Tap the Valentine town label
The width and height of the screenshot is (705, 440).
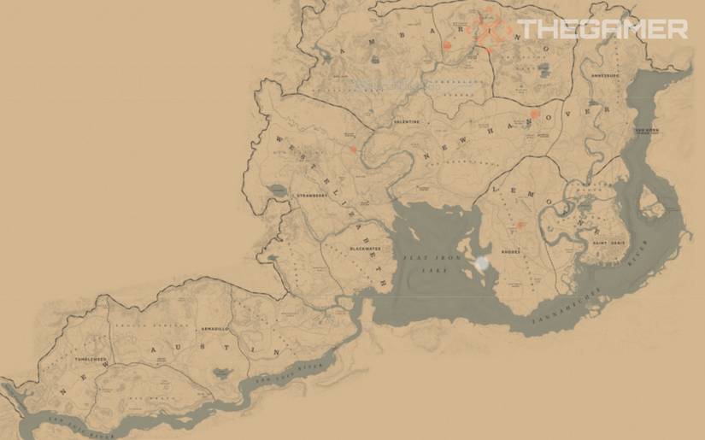pyautogui.click(x=406, y=122)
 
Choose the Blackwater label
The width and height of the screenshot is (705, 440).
pyautogui.click(x=363, y=249)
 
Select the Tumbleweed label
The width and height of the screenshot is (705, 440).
pyautogui.click(x=91, y=360)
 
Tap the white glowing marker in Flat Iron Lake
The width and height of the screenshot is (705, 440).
pyautogui.click(x=483, y=263)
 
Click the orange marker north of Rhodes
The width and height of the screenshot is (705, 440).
pyautogui.click(x=520, y=226)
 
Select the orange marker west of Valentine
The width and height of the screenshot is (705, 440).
pyautogui.click(x=353, y=150)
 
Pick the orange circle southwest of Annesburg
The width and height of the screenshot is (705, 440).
pyautogui.click(x=535, y=114)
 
